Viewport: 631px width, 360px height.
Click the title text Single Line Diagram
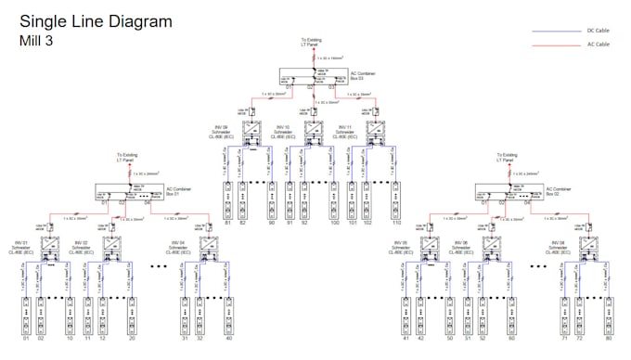pos(96,22)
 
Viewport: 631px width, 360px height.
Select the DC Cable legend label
pos(598,31)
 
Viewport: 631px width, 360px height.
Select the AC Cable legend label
pos(598,44)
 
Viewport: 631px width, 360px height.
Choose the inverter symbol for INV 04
pos(210,249)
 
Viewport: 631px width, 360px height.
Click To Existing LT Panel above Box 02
pos(506,158)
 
